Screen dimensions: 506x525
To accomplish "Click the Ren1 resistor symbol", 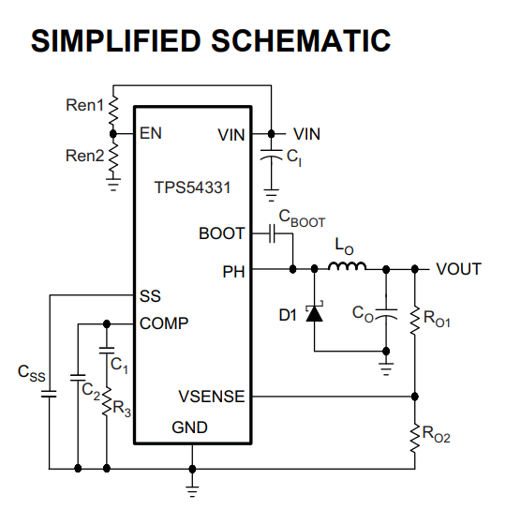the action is tap(113, 110).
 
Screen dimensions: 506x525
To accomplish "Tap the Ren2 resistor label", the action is tap(85, 156).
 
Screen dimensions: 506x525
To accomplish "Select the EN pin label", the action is tap(151, 133).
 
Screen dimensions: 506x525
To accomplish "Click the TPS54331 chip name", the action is tap(192, 187).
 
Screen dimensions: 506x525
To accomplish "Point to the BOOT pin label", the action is tap(222, 233).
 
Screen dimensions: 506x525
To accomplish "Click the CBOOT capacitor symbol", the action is tap(272, 233).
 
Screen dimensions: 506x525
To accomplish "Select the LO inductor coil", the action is tap(347, 265).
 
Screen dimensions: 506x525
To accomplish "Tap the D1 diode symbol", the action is tap(314, 313).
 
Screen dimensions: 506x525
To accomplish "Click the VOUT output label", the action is tap(459, 269).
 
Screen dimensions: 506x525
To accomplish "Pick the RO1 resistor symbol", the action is tap(415, 320).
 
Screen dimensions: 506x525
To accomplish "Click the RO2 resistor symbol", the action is tap(415, 439).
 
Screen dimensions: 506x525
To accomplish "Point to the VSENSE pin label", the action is tap(212, 397).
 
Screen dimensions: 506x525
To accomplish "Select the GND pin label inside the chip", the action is tap(189, 427).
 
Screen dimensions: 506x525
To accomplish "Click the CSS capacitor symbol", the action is tap(49, 394).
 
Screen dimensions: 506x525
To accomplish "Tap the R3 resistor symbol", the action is tap(107, 402).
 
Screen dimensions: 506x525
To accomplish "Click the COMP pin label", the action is tap(164, 323).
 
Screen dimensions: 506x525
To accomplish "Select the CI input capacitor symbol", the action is tap(272, 155).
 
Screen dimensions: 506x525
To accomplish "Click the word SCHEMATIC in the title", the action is tap(301, 40).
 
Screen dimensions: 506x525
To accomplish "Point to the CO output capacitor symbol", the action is tap(386, 313).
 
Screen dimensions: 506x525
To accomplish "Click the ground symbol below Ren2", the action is tap(113, 185).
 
